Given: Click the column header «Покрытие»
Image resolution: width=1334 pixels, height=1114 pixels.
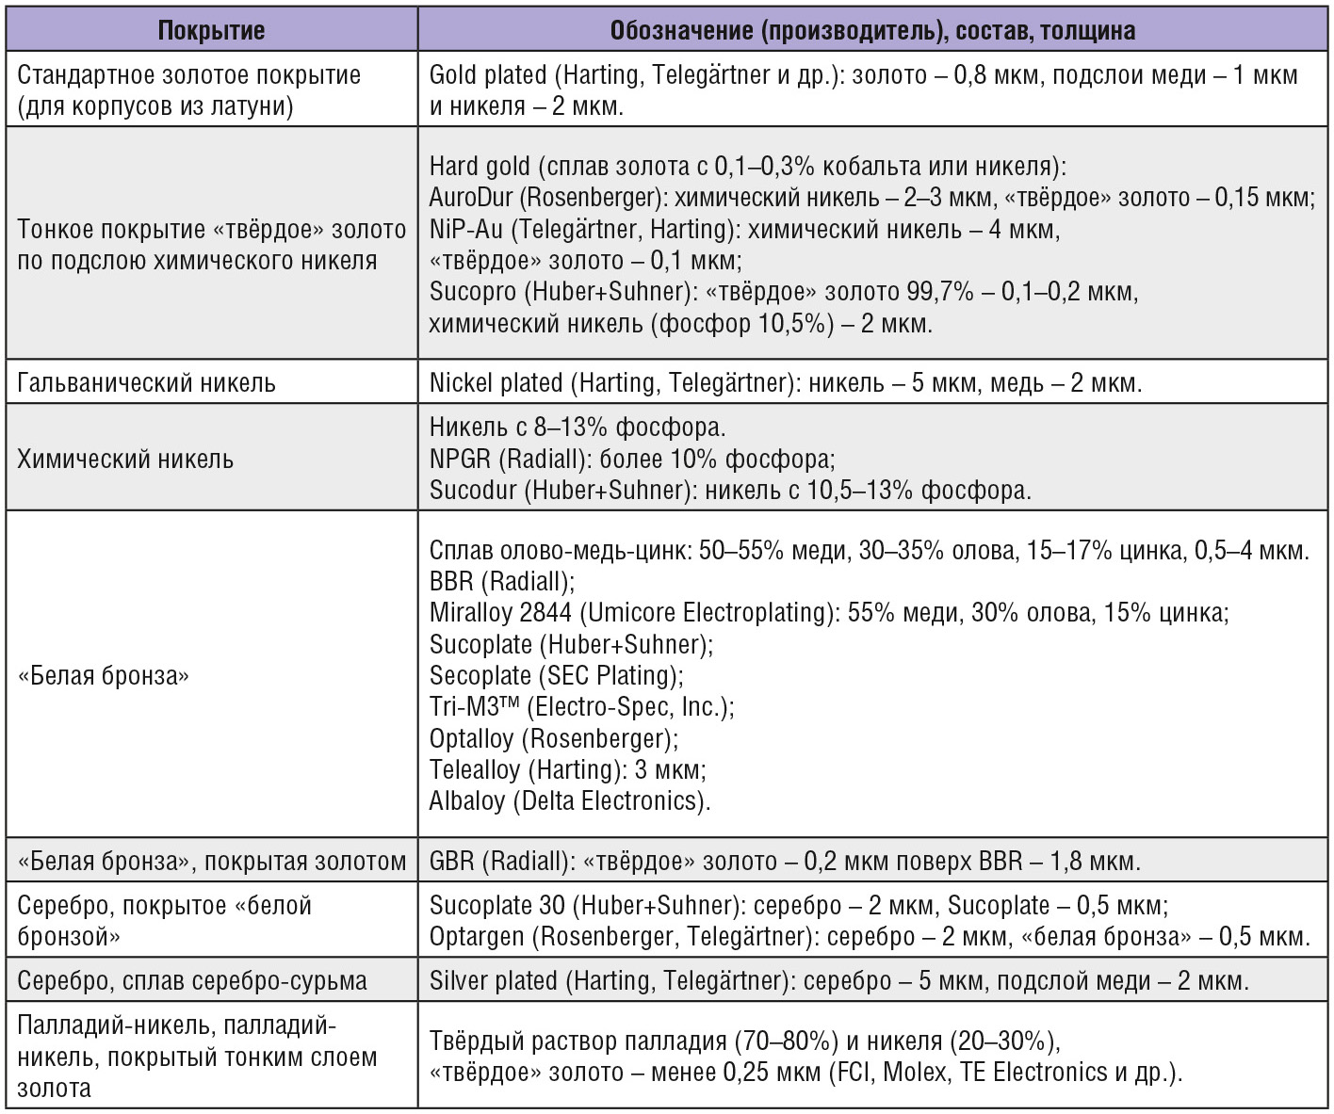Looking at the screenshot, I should coord(211,30).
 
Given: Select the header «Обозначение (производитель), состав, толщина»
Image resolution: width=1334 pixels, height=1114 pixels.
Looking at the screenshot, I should coord(872,30).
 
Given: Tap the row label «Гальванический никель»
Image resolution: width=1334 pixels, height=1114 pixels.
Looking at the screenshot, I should coord(146,383).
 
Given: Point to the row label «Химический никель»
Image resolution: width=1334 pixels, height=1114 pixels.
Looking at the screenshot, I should coord(125,460).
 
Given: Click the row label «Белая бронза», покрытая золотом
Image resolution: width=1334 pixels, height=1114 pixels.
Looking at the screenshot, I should coord(212,861).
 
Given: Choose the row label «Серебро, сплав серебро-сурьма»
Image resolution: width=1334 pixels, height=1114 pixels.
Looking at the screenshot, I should coord(192,981).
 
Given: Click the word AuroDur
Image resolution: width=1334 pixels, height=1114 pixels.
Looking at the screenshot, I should coord(471,198).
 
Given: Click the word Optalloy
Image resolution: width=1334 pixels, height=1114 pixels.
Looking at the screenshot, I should coord(471,738).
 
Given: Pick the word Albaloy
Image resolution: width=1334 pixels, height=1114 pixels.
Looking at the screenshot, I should coord(467,801).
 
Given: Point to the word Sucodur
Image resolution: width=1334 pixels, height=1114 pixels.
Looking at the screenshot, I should coord(468,491).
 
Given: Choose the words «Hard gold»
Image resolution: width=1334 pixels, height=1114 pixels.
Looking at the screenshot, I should coord(480,167).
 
